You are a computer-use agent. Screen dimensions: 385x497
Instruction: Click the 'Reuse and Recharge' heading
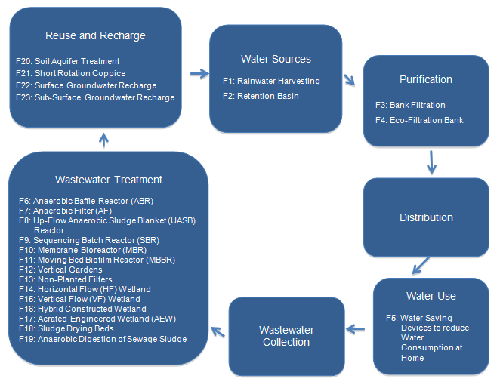95,35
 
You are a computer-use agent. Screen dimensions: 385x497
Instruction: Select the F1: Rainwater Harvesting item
271,81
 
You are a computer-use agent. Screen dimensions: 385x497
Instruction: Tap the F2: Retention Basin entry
261,96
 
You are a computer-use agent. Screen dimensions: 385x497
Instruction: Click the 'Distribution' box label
426,217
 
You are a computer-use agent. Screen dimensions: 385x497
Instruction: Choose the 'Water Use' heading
431,295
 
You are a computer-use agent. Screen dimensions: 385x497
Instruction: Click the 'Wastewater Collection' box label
286,336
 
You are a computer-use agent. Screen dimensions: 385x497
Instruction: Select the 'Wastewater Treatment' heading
109,180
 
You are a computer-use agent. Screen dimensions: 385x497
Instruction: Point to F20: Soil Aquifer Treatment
67,61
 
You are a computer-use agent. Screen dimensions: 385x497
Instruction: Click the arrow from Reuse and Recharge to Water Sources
199,74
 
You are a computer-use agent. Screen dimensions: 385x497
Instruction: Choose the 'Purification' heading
426,79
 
